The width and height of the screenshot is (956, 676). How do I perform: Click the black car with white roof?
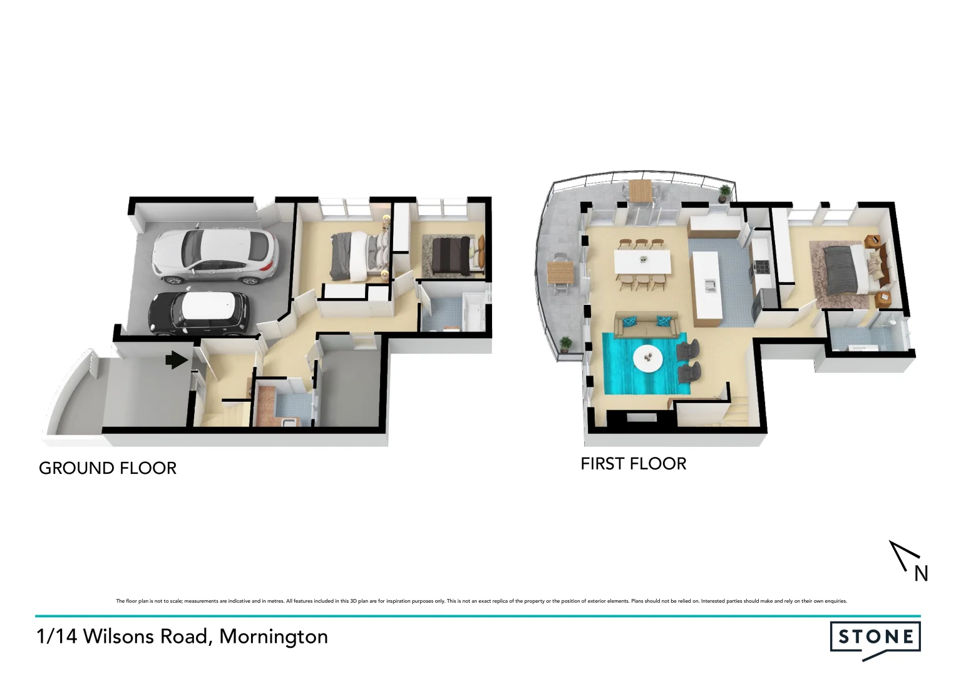coord(198,312)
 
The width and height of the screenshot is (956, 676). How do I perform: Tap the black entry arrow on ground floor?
coord(177,360)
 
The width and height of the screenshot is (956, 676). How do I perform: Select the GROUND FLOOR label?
coord(108,468)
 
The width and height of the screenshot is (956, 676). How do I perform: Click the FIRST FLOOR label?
coord(633,464)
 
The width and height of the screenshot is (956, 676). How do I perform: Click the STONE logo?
coord(875,638)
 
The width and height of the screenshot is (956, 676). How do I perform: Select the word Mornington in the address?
coord(274,637)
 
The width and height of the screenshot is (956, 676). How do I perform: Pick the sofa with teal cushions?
coord(645,324)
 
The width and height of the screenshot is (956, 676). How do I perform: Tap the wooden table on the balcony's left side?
coord(560,272)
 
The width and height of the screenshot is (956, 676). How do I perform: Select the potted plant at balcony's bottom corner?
coord(566,344)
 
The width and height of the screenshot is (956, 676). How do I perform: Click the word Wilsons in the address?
coord(119,637)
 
